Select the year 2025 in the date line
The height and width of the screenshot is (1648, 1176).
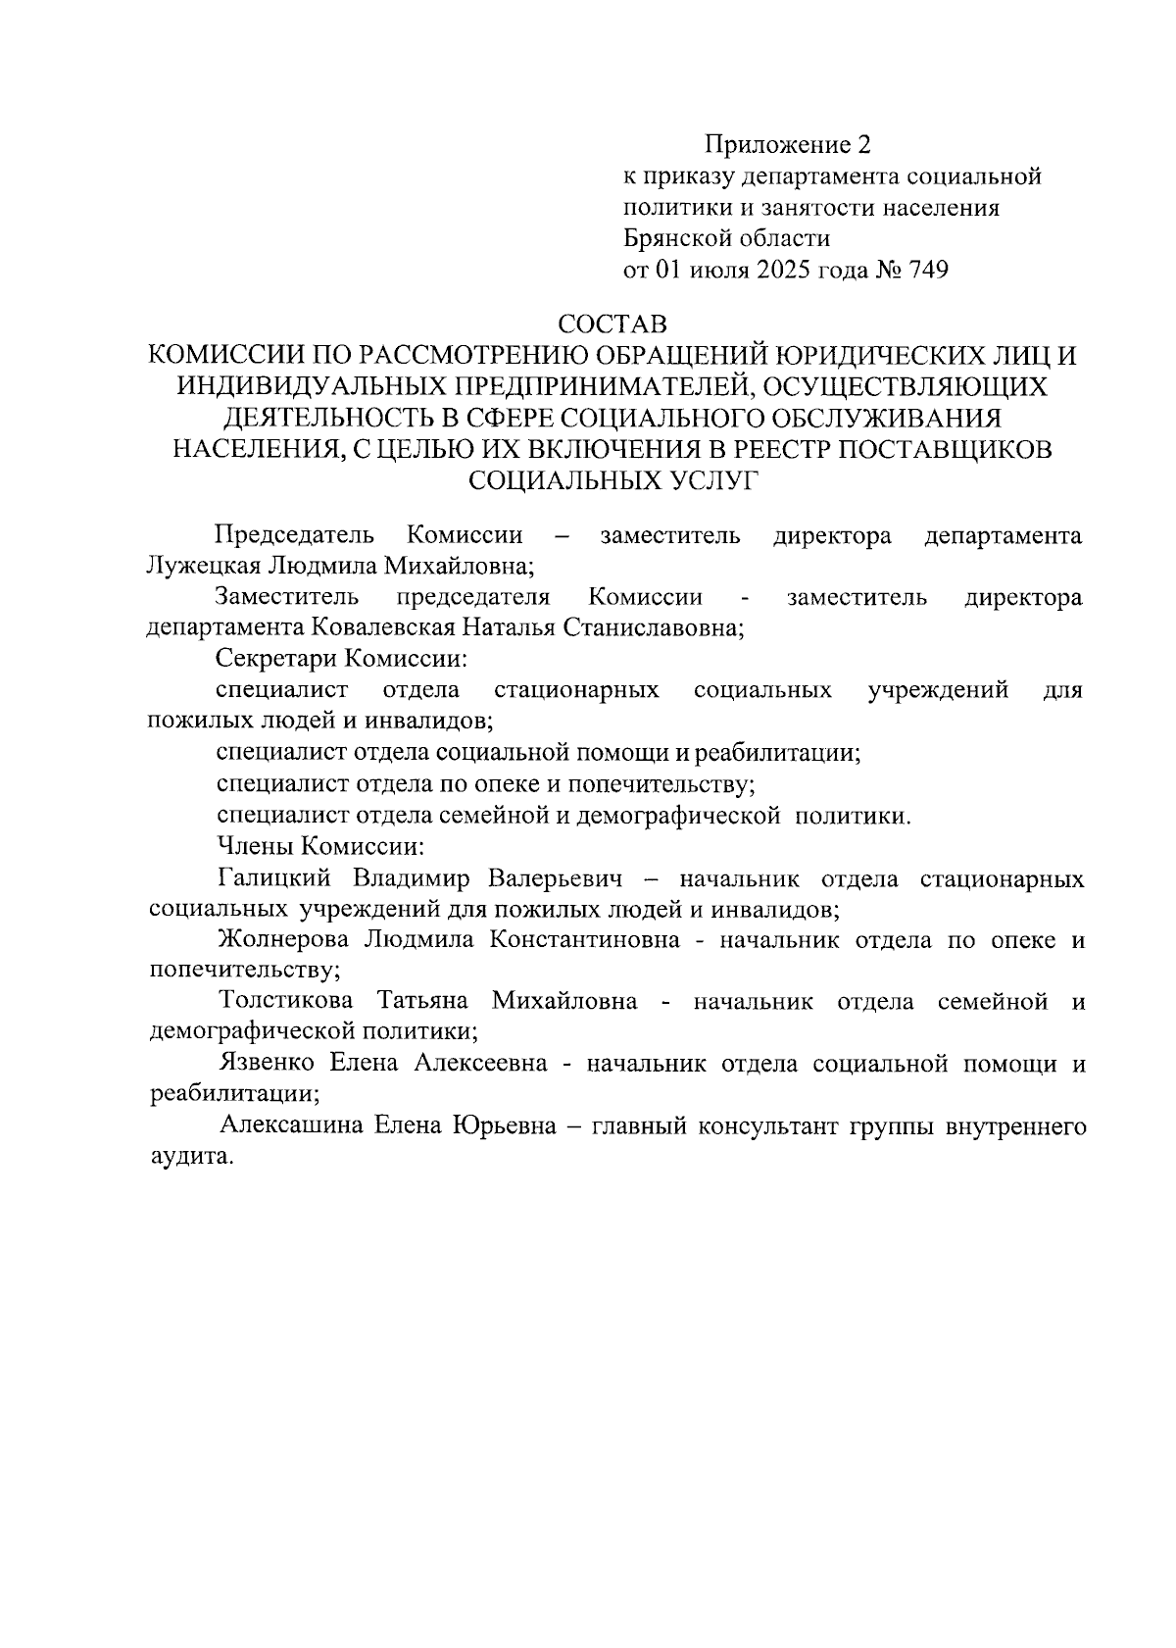pos(782,271)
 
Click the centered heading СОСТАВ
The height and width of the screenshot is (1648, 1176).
pos(613,323)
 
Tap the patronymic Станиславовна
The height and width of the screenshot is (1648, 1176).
pos(652,628)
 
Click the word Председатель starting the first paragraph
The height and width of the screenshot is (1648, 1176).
pos(294,536)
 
